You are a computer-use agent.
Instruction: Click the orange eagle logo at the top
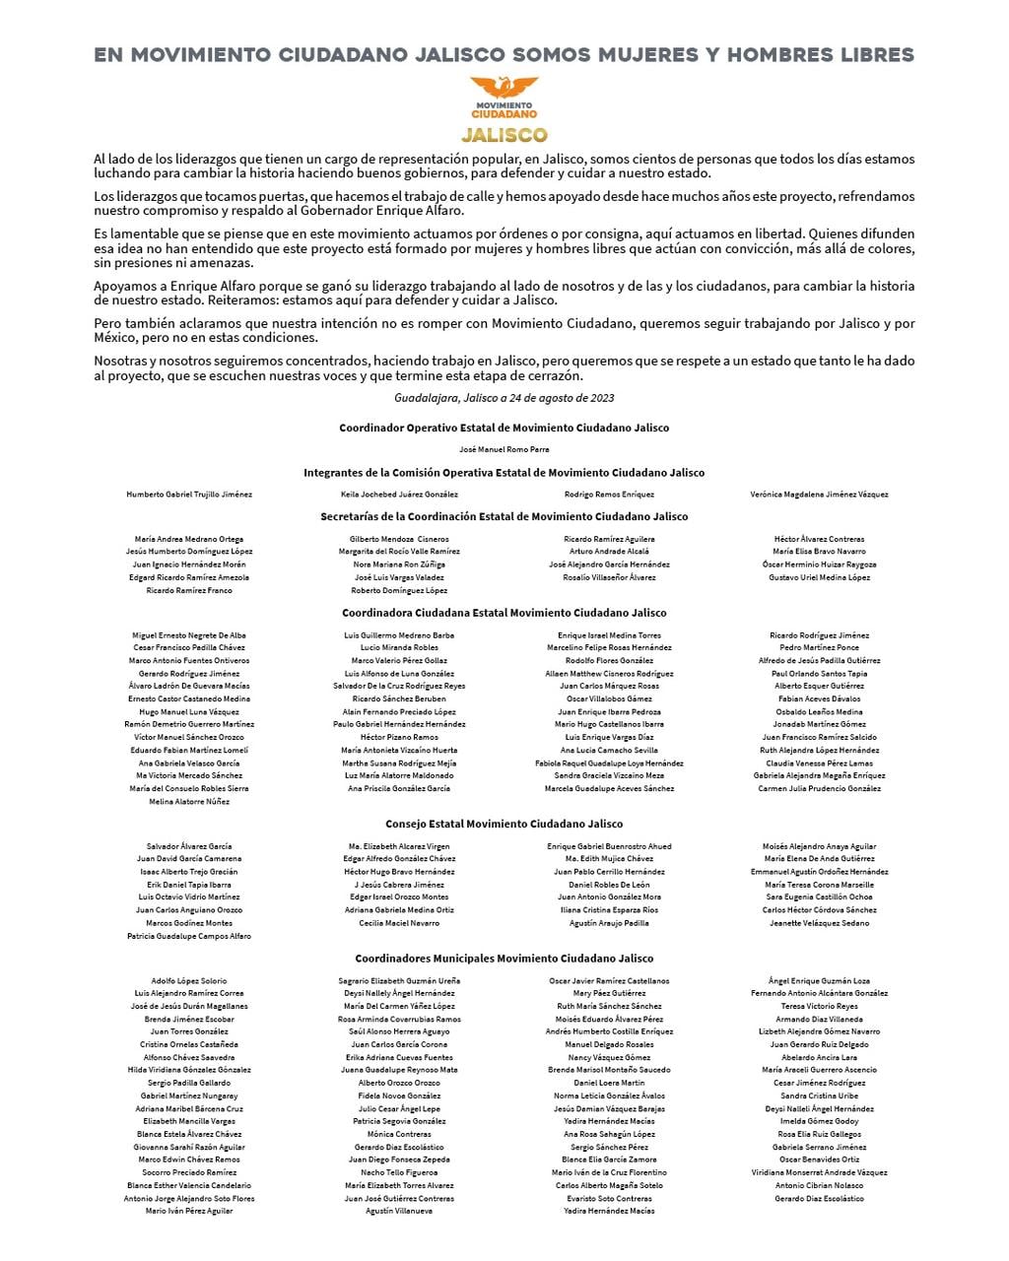click(x=504, y=88)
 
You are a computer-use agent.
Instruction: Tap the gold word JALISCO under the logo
click(x=504, y=134)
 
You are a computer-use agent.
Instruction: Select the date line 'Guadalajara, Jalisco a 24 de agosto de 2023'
click(x=504, y=398)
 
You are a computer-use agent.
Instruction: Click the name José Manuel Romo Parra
click(x=504, y=448)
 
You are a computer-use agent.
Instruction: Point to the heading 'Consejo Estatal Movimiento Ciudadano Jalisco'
click(x=504, y=824)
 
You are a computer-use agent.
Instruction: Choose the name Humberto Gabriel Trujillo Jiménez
click(x=189, y=495)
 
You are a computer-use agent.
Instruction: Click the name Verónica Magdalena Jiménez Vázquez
click(x=819, y=495)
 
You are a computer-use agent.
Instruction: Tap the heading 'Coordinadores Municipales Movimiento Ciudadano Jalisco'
click(x=504, y=958)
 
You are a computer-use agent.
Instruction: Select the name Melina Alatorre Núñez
click(x=189, y=802)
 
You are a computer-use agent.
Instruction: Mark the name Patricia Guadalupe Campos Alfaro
click(x=189, y=936)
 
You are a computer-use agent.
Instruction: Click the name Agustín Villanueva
click(x=399, y=1211)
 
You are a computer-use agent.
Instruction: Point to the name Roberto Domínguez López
click(x=399, y=590)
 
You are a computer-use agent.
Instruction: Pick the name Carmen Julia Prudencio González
click(x=819, y=789)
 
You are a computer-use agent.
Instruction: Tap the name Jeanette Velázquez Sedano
click(x=819, y=923)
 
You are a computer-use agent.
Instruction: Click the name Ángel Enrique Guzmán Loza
click(x=819, y=981)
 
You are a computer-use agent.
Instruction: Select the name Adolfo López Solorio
click(x=189, y=981)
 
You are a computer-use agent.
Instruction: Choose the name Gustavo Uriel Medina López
click(x=819, y=577)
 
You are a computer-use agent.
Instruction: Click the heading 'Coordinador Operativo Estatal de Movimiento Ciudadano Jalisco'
click(x=504, y=428)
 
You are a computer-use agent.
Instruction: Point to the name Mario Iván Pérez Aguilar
click(x=189, y=1211)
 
